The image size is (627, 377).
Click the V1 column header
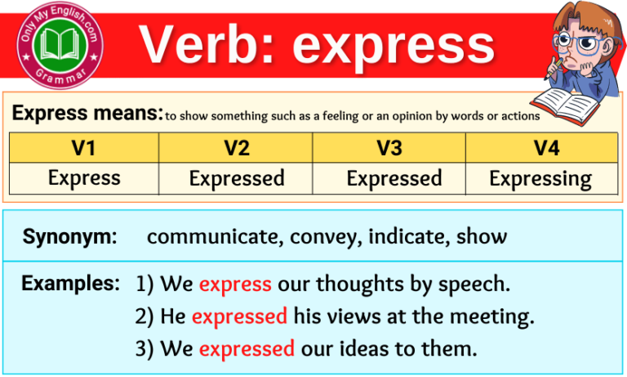pyautogui.click(x=84, y=148)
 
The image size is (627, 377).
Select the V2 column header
pyautogui.click(x=236, y=148)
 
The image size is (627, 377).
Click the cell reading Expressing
pyautogui.click(x=540, y=178)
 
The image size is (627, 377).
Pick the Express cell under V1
pyautogui.click(x=84, y=177)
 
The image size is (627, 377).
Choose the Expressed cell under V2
pyautogui.click(x=237, y=178)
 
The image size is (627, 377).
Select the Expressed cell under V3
pyautogui.click(x=394, y=178)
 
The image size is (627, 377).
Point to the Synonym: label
pyautogui.click(x=70, y=237)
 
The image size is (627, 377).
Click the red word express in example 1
pyautogui.click(x=235, y=285)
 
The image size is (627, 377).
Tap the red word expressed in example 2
pyautogui.click(x=239, y=316)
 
